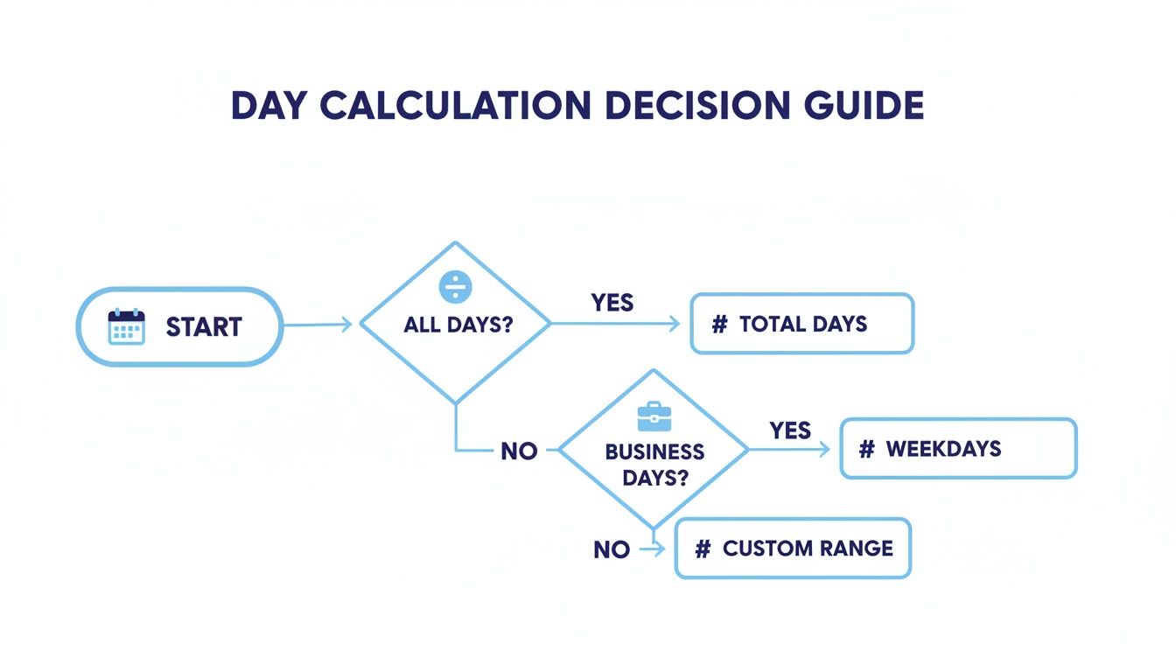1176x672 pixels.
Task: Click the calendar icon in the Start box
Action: [x=126, y=326]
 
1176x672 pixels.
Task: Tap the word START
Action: [x=203, y=327]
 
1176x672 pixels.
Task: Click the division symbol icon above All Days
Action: [x=455, y=286]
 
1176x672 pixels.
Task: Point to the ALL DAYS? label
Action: [x=458, y=325]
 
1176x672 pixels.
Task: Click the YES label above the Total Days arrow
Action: [x=612, y=303]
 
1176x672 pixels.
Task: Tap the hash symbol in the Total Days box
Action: [x=719, y=325]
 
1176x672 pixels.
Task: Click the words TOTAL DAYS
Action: [x=802, y=325]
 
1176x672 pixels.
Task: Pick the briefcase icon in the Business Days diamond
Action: [x=654, y=416]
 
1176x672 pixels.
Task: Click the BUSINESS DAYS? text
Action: [x=654, y=465]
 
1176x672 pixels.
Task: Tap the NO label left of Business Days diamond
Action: [x=519, y=451]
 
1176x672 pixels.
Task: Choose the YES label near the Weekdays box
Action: [x=790, y=430]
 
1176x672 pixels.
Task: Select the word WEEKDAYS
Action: [x=943, y=449]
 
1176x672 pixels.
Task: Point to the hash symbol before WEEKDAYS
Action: [x=866, y=449]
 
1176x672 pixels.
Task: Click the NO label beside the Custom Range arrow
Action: [x=611, y=549]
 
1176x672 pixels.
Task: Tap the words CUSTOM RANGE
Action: [x=808, y=549]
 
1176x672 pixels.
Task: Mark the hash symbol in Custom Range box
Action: [x=702, y=549]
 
